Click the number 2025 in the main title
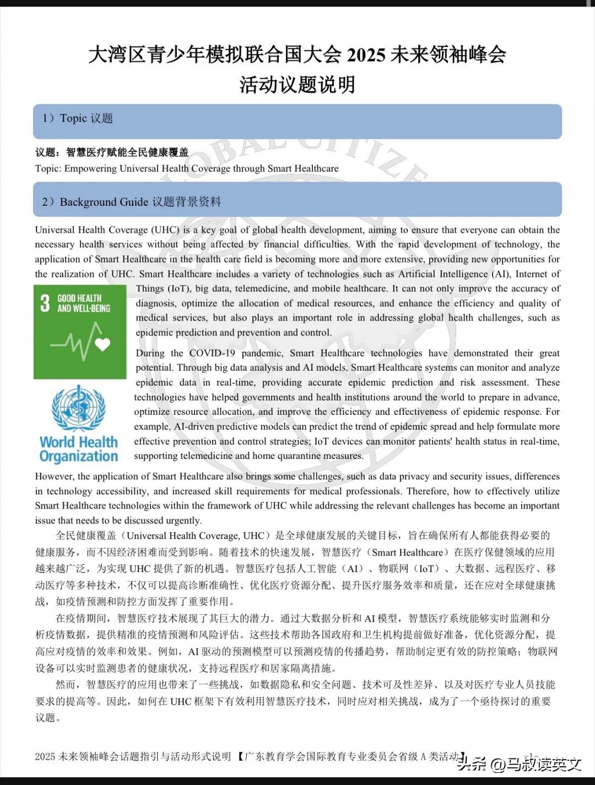366,55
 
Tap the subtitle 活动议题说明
297,85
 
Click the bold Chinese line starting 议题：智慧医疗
112,153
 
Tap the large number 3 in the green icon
45,303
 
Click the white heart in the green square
102,345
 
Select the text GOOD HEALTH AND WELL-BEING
83,303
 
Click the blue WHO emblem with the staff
78,409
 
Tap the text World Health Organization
79,449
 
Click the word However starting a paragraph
55,477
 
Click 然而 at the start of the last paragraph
66,685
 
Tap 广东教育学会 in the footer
272,757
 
